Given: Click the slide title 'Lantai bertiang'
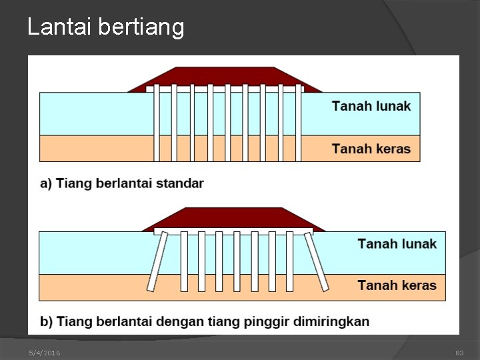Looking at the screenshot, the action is pyautogui.click(x=105, y=27).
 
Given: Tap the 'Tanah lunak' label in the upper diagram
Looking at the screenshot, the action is pyautogui.click(x=371, y=106).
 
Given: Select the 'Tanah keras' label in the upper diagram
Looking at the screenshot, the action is pyautogui.click(x=371, y=149).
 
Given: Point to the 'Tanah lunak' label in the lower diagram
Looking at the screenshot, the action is pyautogui.click(x=397, y=243).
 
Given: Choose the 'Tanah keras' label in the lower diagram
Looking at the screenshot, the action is pyautogui.click(x=397, y=285).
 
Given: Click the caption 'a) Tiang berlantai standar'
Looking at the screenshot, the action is pyautogui.click(x=122, y=183).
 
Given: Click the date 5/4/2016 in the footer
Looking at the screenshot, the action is pyautogui.click(x=44, y=353).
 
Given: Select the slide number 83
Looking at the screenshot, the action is pyautogui.click(x=459, y=353).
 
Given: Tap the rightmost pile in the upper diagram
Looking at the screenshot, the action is pyautogui.click(x=298, y=123).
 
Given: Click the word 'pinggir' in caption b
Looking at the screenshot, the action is pyautogui.click(x=261, y=321).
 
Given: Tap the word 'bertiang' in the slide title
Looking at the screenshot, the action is pyautogui.click(x=141, y=27).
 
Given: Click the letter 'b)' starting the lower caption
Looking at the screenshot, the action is pyautogui.click(x=47, y=321).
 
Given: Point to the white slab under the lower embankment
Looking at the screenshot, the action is pyautogui.click(x=233, y=231).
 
